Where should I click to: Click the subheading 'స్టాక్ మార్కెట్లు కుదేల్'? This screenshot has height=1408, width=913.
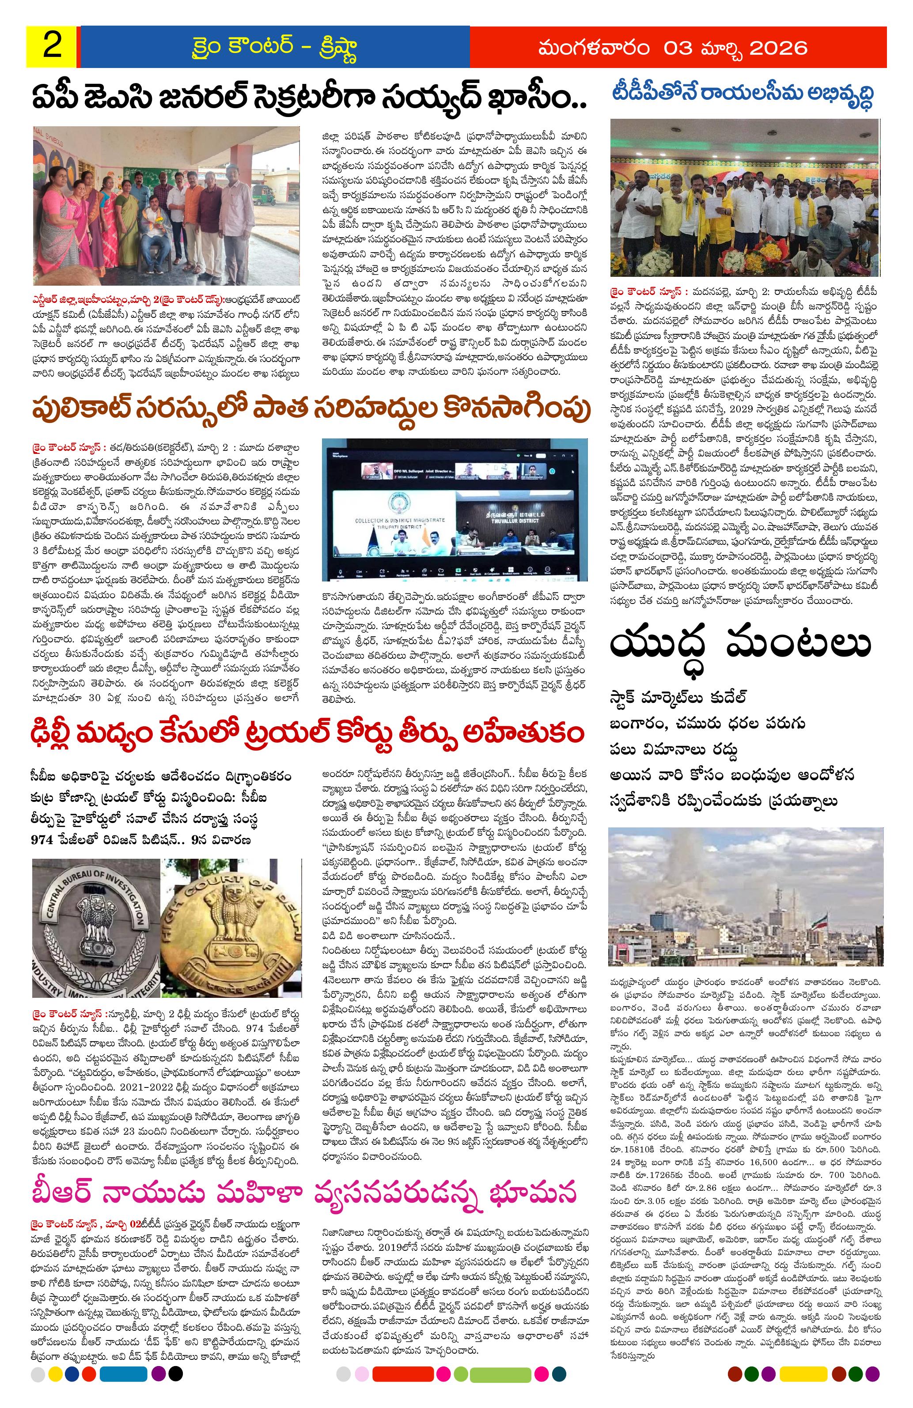pos(678,696)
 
